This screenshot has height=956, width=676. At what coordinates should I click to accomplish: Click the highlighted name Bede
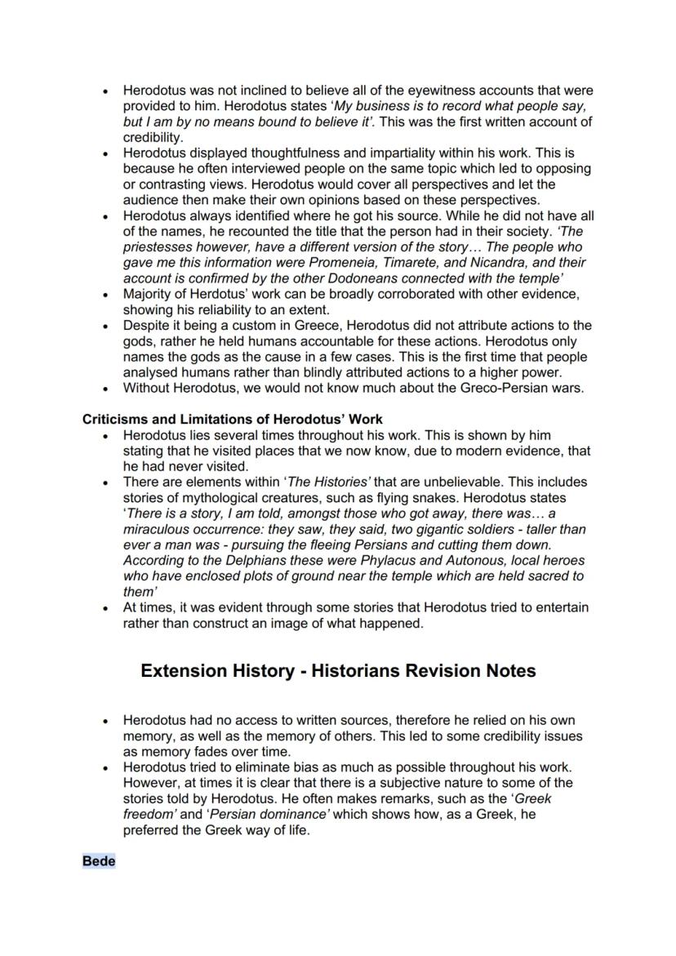tap(99, 861)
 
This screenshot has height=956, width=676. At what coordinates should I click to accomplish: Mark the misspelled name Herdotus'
tap(213, 294)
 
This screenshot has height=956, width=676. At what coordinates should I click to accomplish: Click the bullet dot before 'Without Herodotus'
tap(106, 389)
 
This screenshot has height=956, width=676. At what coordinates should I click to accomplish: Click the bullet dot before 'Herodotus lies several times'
tap(106, 435)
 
